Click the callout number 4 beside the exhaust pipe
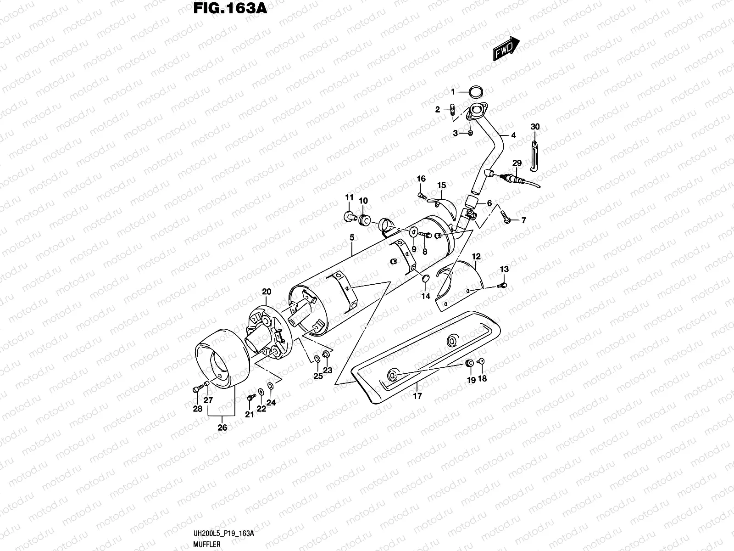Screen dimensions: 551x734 (x=513, y=135)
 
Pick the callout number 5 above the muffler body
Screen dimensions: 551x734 (x=352, y=237)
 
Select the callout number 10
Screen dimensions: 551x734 (x=363, y=201)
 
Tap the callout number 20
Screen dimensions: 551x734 (x=267, y=292)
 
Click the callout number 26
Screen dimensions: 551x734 (x=222, y=427)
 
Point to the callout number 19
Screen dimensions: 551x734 (x=470, y=379)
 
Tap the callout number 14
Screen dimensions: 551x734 (x=426, y=296)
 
